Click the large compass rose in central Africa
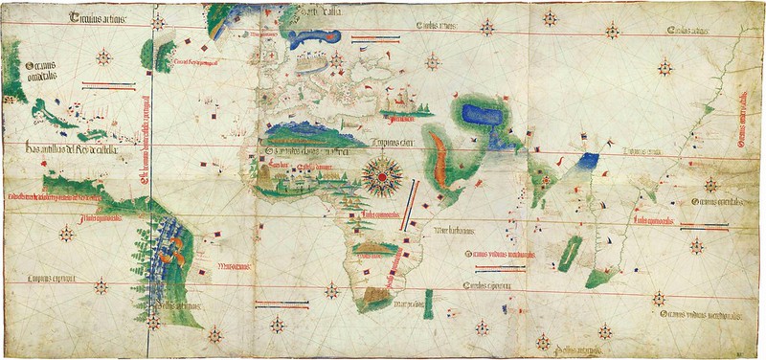tap(382, 174)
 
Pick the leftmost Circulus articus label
tap(96, 17)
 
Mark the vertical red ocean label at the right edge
tap(743, 120)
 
